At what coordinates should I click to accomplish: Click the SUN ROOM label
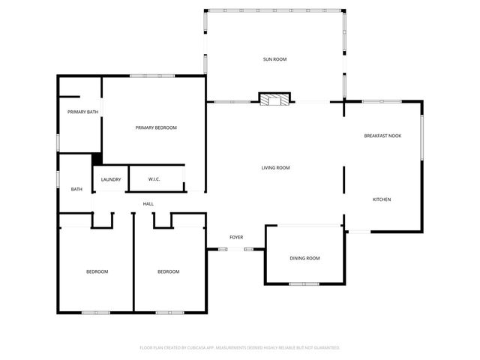click(x=274, y=59)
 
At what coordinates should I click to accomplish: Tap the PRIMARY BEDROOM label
click(x=156, y=127)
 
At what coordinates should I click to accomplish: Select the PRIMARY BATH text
click(x=82, y=112)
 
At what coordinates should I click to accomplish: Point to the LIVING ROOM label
click(x=275, y=168)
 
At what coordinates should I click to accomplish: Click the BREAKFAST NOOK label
click(x=382, y=136)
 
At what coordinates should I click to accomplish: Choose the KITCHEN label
click(x=382, y=199)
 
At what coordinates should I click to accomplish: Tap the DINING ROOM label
click(x=304, y=258)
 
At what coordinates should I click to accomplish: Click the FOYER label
click(x=236, y=237)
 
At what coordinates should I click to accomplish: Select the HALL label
click(x=148, y=204)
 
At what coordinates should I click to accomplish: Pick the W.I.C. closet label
click(x=154, y=179)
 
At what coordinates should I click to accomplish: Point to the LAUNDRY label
click(x=110, y=179)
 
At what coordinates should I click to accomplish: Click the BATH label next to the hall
click(x=76, y=190)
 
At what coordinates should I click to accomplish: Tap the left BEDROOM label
click(x=97, y=271)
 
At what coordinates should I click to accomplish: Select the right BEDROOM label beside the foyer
click(x=168, y=271)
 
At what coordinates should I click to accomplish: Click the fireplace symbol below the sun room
click(x=274, y=99)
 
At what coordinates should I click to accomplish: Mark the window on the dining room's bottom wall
click(x=304, y=284)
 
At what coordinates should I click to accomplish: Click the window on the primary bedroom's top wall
click(x=152, y=76)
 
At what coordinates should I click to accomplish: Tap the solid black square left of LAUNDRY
click(x=97, y=159)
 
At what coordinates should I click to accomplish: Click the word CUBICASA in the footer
click(x=209, y=348)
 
